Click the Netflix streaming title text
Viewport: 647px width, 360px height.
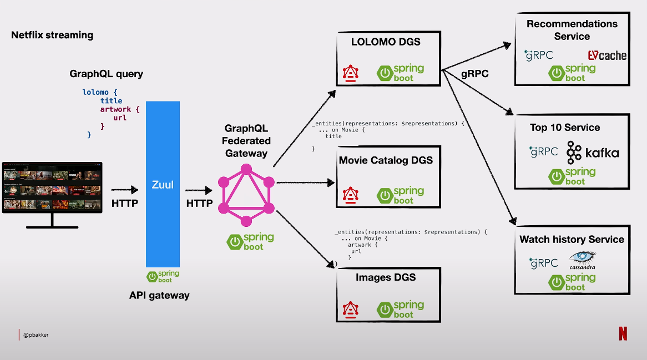click(52, 35)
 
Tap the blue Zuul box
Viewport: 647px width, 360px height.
click(163, 184)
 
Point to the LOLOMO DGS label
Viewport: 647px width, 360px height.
click(386, 42)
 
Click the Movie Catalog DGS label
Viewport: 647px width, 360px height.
click(386, 160)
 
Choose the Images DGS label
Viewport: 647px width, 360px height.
click(386, 277)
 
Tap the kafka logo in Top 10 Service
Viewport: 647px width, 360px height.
click(592, 152)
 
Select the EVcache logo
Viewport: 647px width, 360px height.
click(607, 55)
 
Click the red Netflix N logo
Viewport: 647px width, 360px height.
click(623, 333)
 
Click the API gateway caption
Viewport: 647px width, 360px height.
click(159, 296)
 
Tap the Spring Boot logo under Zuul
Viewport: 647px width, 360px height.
click(163, 276)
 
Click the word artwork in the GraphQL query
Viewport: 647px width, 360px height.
click(116, 109)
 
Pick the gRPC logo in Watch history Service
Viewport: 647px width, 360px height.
click(543, 262)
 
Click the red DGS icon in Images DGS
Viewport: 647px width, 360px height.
click(350, 308)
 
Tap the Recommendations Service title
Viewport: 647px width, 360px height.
click(572, 30)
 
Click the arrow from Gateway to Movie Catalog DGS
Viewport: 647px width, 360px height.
click(306, 182)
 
